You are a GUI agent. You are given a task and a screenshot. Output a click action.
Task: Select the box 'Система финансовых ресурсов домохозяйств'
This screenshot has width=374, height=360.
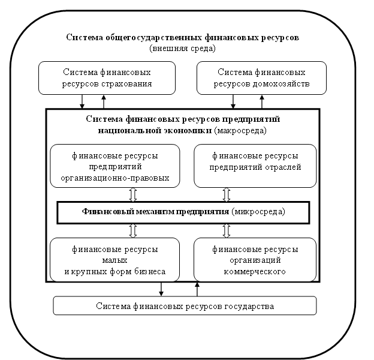tap(262, 78)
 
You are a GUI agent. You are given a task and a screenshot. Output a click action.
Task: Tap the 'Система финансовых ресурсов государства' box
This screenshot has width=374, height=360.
tap(185, 306)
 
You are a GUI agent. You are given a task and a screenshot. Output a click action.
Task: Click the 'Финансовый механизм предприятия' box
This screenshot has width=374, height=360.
tap(183, 212)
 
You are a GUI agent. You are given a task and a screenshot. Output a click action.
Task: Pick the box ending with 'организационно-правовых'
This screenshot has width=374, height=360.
tap(115, 166)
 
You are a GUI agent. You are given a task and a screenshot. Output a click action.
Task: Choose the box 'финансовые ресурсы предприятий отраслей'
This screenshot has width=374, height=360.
tap(255, 165)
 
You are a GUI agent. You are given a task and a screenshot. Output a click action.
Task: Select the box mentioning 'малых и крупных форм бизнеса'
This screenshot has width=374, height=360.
tap(115, 260)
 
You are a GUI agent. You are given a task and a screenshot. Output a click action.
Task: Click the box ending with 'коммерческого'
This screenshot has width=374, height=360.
tap(255, 260)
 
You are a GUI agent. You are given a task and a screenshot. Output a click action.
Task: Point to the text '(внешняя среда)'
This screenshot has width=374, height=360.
tap(183, 47)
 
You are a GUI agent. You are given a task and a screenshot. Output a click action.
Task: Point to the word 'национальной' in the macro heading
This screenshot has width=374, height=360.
tap(123, 130)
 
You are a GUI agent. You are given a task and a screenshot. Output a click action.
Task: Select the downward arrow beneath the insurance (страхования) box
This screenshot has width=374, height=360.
tap(82, 101)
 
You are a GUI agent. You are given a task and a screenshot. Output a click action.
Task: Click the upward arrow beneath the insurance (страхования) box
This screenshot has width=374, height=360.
tap(104, 101)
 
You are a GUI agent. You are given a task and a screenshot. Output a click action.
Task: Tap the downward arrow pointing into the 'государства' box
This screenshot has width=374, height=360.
tap(161, 289)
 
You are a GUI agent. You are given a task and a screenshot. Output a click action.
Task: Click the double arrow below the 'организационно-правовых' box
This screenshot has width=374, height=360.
tap(133, 194)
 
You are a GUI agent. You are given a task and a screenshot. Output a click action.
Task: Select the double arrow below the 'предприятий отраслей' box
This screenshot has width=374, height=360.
tap(227, 194)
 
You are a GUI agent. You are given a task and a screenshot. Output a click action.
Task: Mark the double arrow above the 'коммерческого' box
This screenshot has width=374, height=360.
tap(227, 230)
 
